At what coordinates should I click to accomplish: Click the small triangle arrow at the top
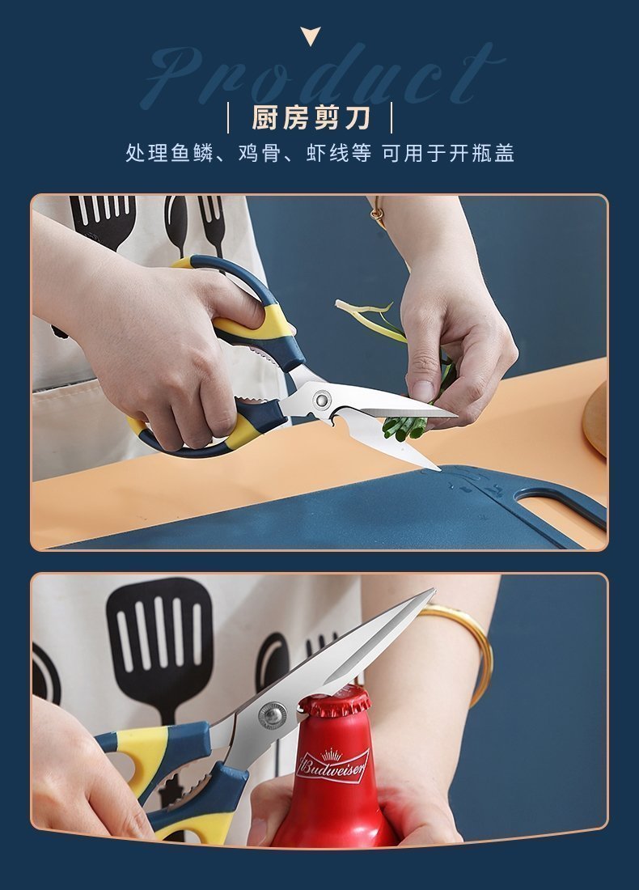[x=311, y=35]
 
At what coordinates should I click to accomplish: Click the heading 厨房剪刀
[x=311, y=117]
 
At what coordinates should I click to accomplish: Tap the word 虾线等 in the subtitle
[x=339, y=153]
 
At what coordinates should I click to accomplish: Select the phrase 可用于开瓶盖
[x=448, y=153]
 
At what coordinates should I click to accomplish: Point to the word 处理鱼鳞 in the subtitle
[x=169, y=153]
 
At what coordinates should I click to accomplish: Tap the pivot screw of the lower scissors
[x=273, y=715]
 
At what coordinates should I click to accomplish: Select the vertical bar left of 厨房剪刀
[x=228, y=117]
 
